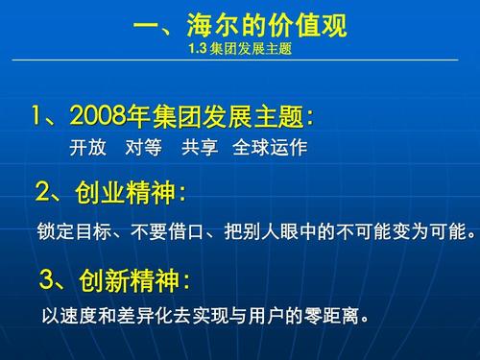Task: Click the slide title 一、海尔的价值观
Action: tap(239, 24)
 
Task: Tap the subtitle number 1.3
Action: tap(199, 47)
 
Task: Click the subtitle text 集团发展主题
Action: tap(250, 47)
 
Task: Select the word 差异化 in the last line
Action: tap(153, 315)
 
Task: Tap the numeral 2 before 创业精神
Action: tap(44, 193)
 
